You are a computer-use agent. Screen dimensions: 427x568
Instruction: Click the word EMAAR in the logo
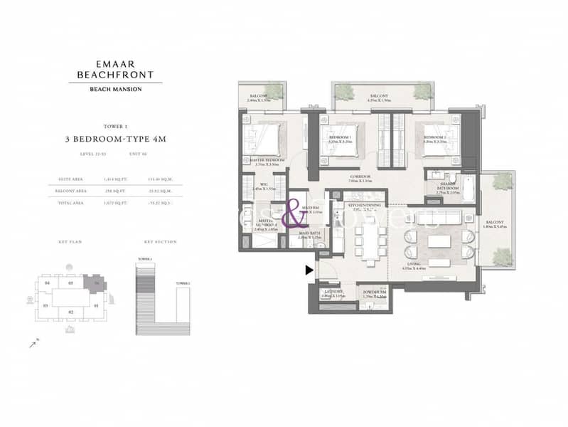coord(115,61)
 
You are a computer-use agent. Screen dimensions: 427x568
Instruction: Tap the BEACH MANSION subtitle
coord(115,88)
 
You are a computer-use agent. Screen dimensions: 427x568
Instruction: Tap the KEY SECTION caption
coord(154,243)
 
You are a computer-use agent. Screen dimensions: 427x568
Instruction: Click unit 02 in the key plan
coord(70,312)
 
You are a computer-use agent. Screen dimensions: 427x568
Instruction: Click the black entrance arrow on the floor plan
coord(309,270)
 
